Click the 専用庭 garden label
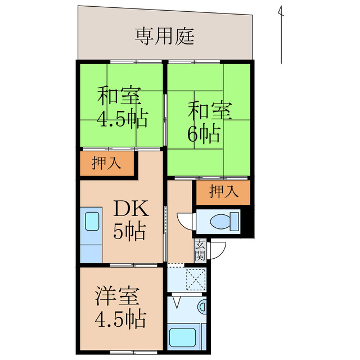[164, 36]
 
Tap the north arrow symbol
[280, 34]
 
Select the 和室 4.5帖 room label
[121, 107]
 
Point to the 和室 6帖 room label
[208, 121]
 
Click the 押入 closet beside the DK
[106, 164]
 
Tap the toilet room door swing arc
[184, 220]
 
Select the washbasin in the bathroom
[203, 307]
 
